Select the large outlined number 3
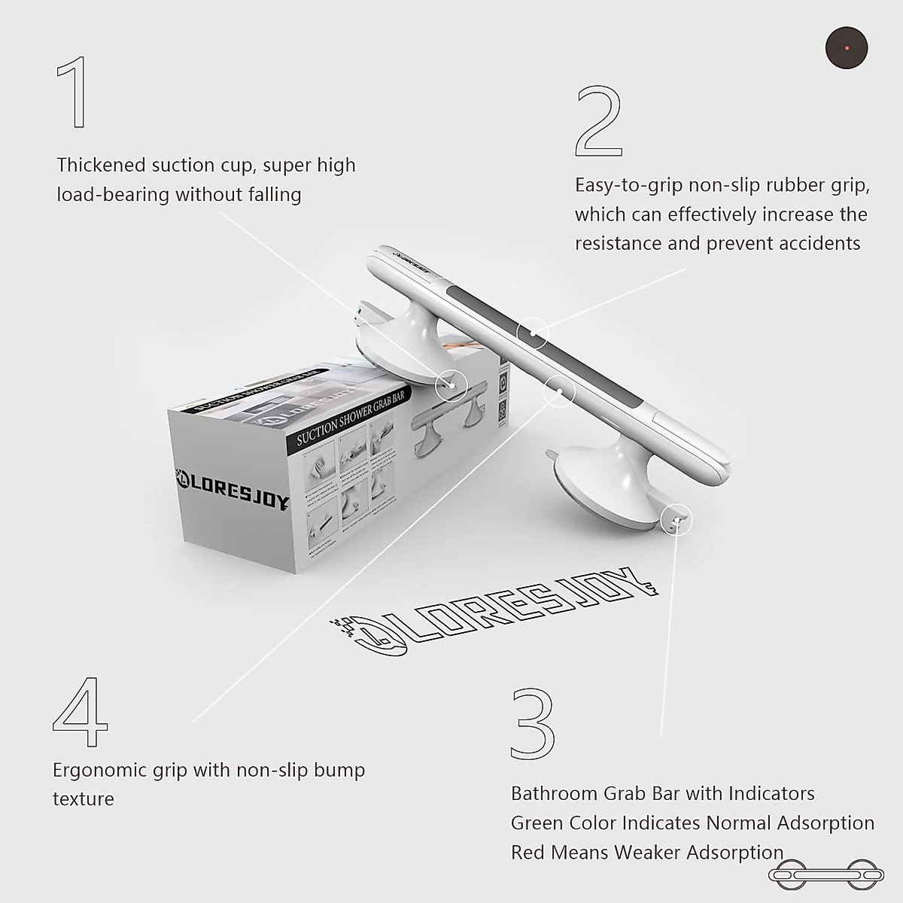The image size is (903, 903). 533,722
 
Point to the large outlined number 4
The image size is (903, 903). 81,711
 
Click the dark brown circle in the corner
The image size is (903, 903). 847,48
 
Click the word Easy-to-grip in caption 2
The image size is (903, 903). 628,185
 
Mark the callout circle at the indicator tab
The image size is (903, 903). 676,520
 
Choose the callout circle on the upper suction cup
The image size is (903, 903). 451,385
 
